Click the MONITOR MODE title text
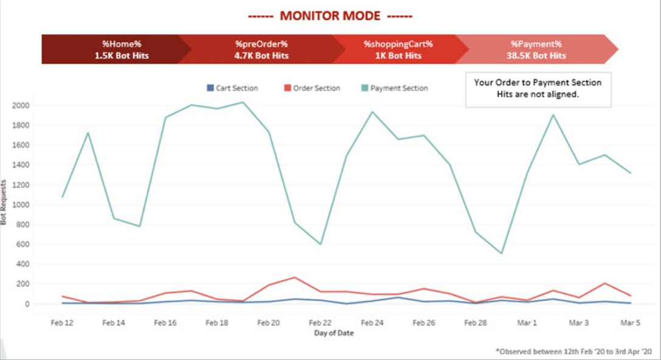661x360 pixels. (330, 16)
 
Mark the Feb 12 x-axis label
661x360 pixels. (61, 323)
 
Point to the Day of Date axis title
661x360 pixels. (333, 333)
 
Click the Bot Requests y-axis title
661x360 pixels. (5, 203)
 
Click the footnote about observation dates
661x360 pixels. (574, 350)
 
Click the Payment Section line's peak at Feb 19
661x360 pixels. (243, 102)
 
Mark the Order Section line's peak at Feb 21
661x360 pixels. (294, 277)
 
